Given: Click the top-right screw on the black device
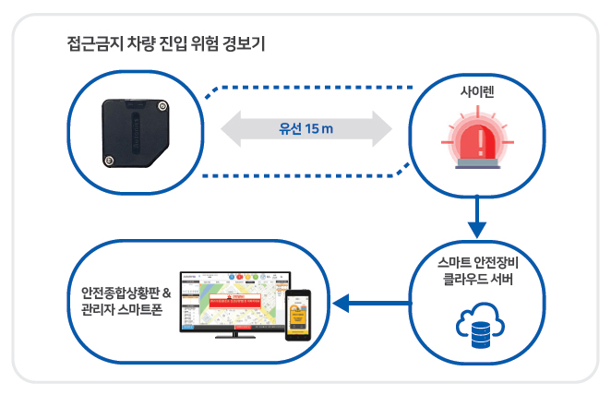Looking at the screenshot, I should [162, 107].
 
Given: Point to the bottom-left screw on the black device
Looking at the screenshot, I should [111, 161].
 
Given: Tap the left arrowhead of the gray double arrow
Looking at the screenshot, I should [231, 128].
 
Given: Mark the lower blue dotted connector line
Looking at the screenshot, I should [305, 174].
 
